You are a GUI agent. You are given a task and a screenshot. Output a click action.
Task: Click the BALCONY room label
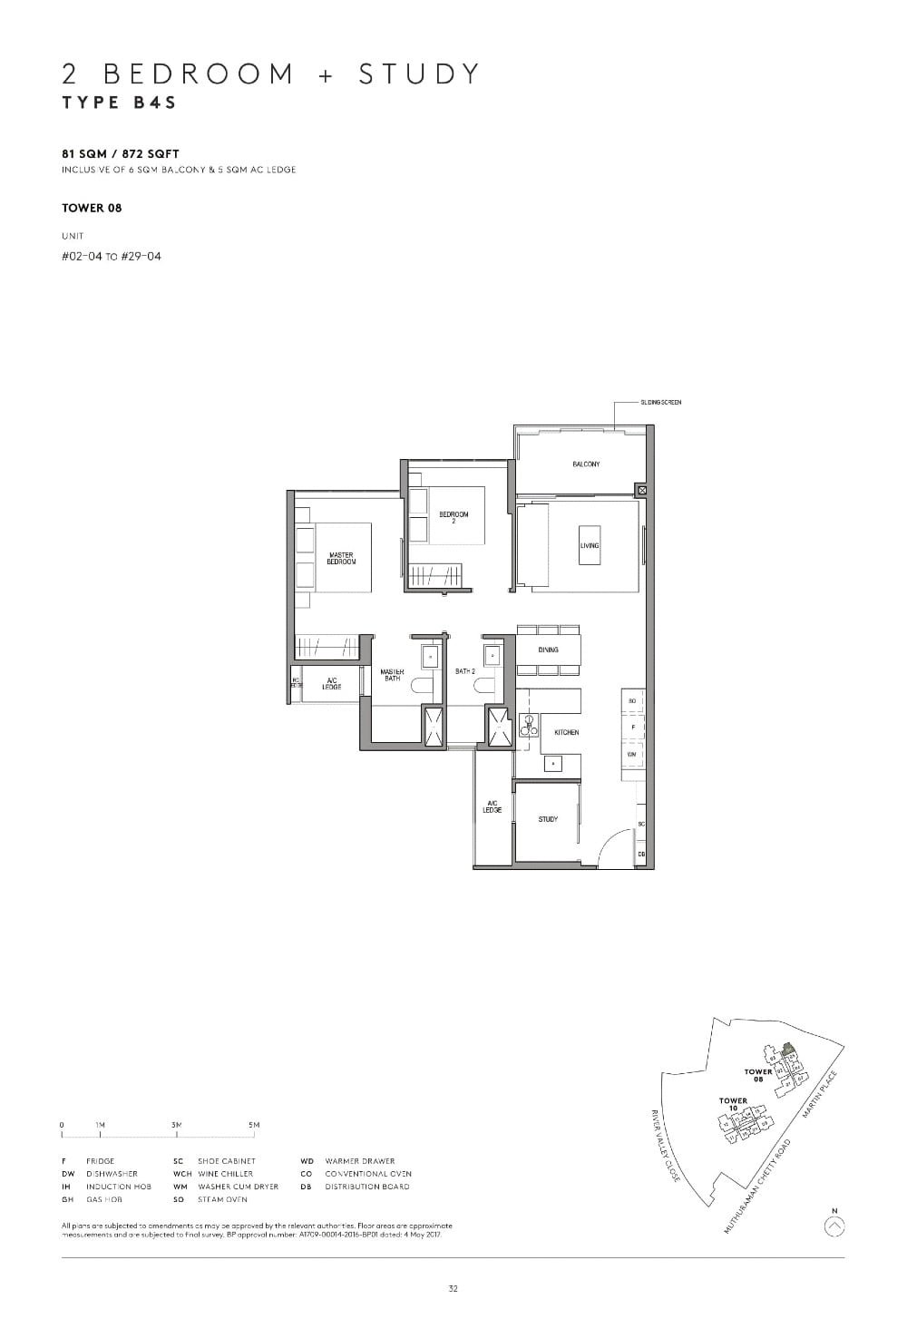tap(585, 464)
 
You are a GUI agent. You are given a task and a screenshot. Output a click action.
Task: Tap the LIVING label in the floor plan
tap(590, 545)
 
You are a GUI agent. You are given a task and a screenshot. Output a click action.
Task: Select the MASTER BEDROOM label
tap(342, 559)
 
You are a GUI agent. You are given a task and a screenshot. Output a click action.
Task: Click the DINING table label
tap(548, 650)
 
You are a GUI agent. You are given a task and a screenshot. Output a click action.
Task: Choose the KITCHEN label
tap(567, 732)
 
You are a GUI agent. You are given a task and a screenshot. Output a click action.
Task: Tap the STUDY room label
tap(548, 819)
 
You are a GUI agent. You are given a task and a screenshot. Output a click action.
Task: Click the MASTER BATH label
tap(392, 675)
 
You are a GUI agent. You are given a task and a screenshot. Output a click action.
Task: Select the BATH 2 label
tap(465, 671)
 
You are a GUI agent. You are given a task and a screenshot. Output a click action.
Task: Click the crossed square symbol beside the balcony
tap(642, 490)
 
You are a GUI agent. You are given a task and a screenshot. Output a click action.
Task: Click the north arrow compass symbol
tap(835, 1226)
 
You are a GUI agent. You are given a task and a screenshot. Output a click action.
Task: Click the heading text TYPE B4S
tap(119, 103)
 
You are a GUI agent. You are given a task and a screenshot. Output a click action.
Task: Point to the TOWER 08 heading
tap(92, 208)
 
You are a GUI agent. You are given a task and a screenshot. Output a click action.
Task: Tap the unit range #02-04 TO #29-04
tap(112, 256)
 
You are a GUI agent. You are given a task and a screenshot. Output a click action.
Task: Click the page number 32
tap(453, 1288)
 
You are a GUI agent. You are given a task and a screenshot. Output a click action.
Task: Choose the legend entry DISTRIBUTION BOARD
tap(367, 1187)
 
